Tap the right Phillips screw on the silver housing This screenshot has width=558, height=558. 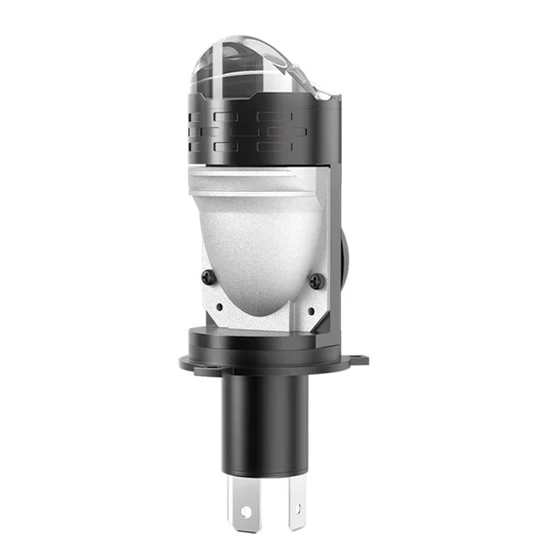click(316, 281)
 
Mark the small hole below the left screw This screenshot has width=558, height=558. click(218, 306)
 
